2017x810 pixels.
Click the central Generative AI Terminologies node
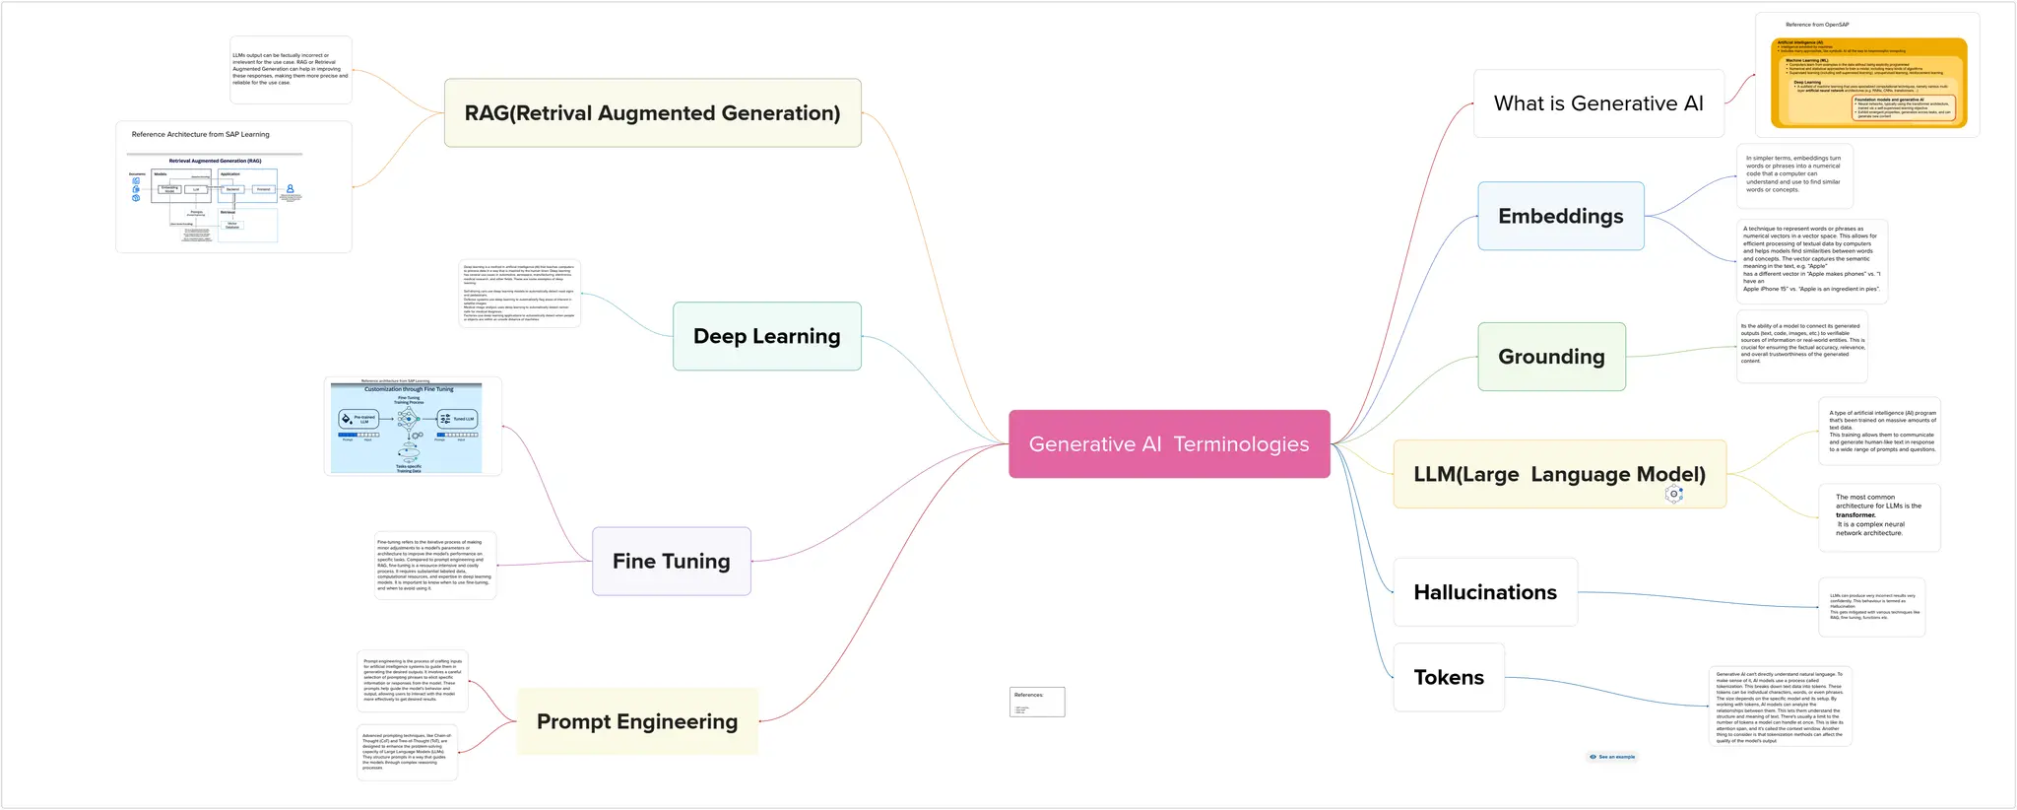(x=1169, y=444)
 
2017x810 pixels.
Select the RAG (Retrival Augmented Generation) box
(x=652, y=113)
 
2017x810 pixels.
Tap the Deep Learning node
(x=766, y=336)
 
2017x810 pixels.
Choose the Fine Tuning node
(x=671, y=561)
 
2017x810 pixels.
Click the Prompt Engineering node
(x=636, y=721)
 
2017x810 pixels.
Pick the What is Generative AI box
(x=1597, y=103)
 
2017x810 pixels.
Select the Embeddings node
(x=1560, y=216)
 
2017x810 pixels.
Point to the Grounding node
(x=1551, y=357)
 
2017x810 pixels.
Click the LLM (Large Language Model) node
(x=1559, y=474)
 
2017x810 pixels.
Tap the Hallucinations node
(x=1484, y=592)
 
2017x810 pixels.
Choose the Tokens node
(x=1448, y=677)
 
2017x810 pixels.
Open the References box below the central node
(x=1036, y=702)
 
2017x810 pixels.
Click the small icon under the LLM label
(x=1673, y=494)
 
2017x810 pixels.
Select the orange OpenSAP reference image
(x=1867, y=83)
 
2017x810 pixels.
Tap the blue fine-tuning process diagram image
(x=407, y=429)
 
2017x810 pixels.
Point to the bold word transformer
(x=1855, y=515)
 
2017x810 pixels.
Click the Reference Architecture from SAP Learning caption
(x=200, y=134)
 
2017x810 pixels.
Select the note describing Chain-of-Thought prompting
(x=407, y=752)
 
